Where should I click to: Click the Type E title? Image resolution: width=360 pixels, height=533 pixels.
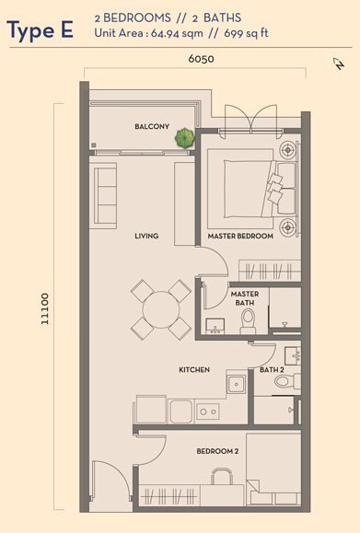coord(40,30)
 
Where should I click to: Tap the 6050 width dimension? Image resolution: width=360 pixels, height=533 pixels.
coord(202,59)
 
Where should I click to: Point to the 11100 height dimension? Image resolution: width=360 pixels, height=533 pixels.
coord(45,308)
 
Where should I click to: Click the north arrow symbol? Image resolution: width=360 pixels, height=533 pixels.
coord(339,64)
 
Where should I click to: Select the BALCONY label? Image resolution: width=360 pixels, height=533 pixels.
coord(152,126)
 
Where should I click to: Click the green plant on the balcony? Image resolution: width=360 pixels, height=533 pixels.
coord(184,138)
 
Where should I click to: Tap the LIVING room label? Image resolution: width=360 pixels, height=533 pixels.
coord(146,236)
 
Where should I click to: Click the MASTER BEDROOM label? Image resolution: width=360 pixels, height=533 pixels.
coord(240,236)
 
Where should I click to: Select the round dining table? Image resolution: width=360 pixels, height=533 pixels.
coord(161,309)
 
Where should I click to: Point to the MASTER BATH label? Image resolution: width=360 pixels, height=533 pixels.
coord(245,298)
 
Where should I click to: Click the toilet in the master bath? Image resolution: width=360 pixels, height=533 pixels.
coord(249,321)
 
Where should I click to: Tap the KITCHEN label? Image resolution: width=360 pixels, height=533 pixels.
coord(194,369)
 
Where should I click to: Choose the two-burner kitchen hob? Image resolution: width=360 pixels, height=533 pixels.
coord(208,411)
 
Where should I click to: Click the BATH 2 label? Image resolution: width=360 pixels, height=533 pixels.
coord(272,369)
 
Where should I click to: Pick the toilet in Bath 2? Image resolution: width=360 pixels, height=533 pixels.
coord(287,381)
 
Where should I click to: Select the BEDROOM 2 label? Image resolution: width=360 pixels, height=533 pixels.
coord(217,451)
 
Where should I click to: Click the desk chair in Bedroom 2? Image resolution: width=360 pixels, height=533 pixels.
coord(222,476)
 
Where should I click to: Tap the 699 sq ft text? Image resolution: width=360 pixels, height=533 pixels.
coord(246,33)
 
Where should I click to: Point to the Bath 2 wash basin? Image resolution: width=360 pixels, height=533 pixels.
coord(293,355)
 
